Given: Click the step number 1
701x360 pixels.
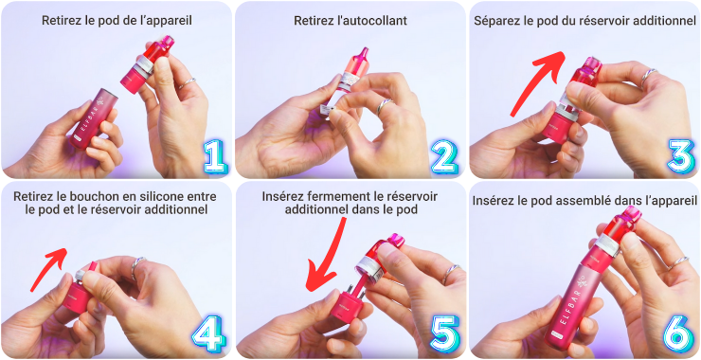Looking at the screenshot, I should tap(214, 157).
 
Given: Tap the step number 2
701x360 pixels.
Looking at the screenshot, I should tap(445, 157).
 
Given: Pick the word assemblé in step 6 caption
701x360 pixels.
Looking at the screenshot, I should tap(575, 201).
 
